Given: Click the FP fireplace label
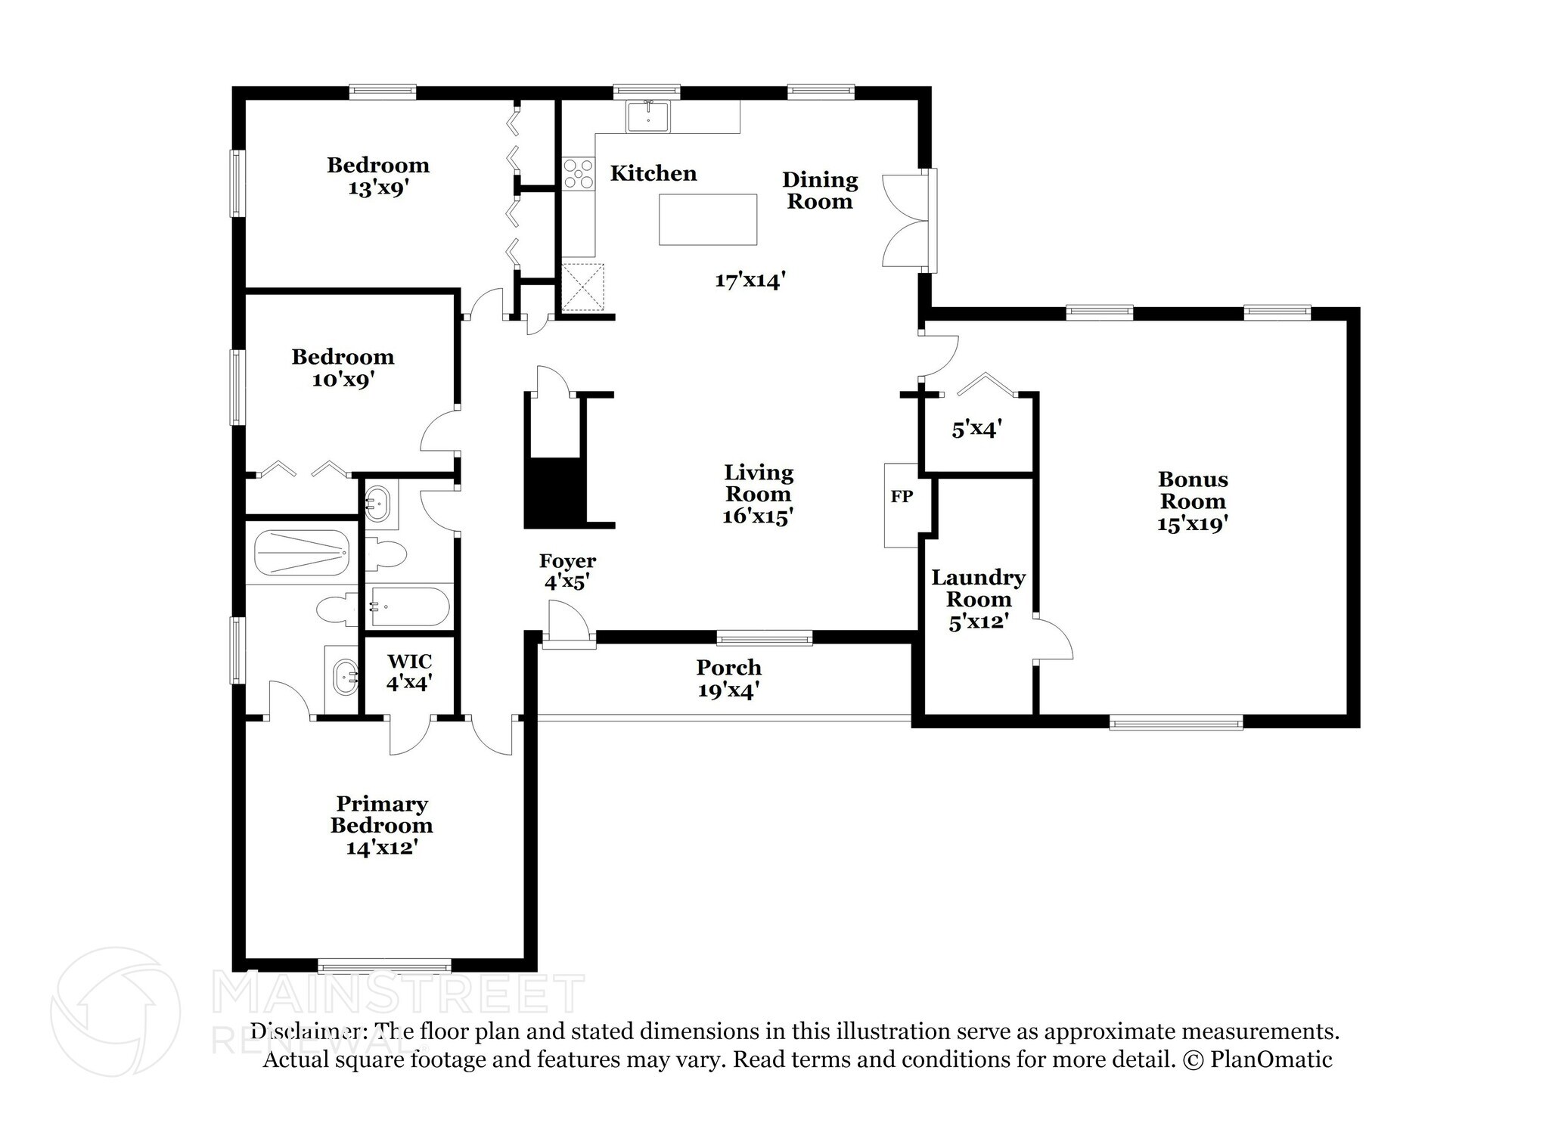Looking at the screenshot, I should tap(901, 497).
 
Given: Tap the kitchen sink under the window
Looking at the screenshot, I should tap(648, 117).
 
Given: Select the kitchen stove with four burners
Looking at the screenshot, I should tap(579, 172).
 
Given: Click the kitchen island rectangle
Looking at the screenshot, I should tap(707, 219).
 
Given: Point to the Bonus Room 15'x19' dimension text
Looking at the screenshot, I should tap(1191, 523).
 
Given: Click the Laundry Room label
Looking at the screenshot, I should tap(978, 588).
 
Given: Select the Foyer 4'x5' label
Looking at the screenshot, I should tap(567, 571).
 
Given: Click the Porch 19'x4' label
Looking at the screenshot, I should tap(728, 678).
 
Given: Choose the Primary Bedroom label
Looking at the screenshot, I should tap(381, 814).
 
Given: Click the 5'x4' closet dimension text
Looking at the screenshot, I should tap(976, 430).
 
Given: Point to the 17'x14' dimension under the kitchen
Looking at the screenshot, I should tap(750, 281).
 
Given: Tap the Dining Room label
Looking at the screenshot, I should tap(820, 191).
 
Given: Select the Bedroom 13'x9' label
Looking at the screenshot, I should tap(378, 175).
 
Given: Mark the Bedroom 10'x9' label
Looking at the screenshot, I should tap(343, 368).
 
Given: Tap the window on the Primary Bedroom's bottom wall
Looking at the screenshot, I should tap(384, 966).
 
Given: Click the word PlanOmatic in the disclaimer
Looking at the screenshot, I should tap(1271, 1059).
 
